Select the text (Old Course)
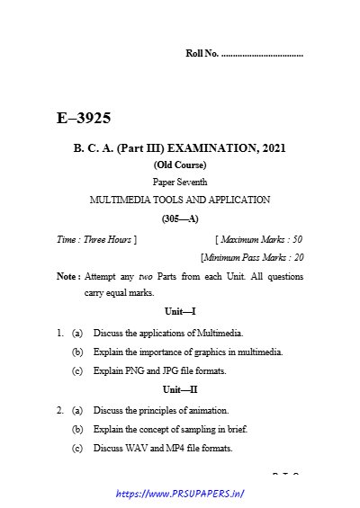pyautogui.click(x=179, y=165)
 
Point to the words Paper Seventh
pyautogui.click(x=179, y=182)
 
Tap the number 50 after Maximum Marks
pyautogui.click(x=296, y=239)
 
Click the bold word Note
pyautogui.click(x=66, y=277)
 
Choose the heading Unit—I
pyautogui.click(x=179, y=310)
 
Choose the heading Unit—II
pyautogui.click(x=179, y=389)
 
